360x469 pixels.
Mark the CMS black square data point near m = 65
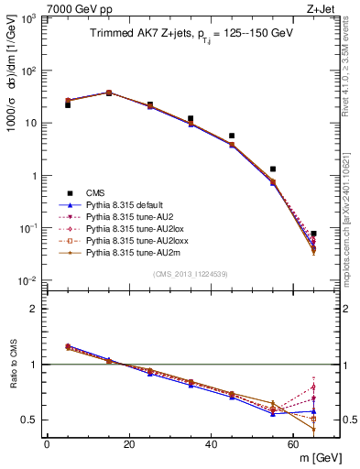313,234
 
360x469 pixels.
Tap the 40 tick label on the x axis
211,444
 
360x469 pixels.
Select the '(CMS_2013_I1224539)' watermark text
190,274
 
